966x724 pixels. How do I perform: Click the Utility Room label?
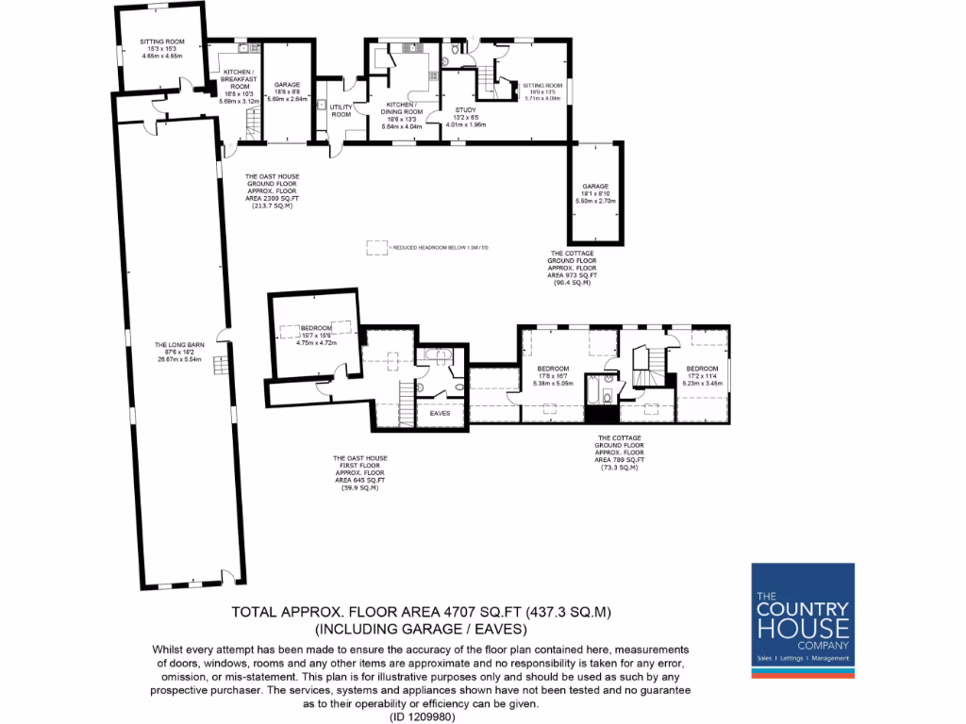341,110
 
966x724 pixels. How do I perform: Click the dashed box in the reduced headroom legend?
377,247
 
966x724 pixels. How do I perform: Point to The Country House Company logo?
802,620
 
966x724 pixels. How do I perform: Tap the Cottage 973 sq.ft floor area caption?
572,267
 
